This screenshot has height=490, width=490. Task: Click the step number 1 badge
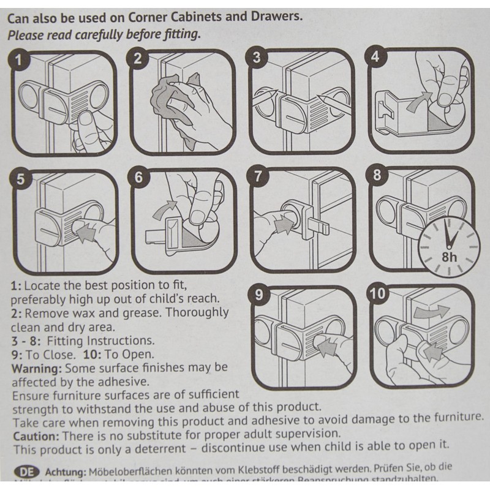[x=21, y=60]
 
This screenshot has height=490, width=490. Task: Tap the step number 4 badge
[x=375, y=59]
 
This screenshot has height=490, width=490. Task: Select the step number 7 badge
[x=258, y=176]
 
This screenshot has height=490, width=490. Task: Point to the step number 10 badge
[x=379, y=293]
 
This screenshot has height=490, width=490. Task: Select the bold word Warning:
[x=35, y=367]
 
